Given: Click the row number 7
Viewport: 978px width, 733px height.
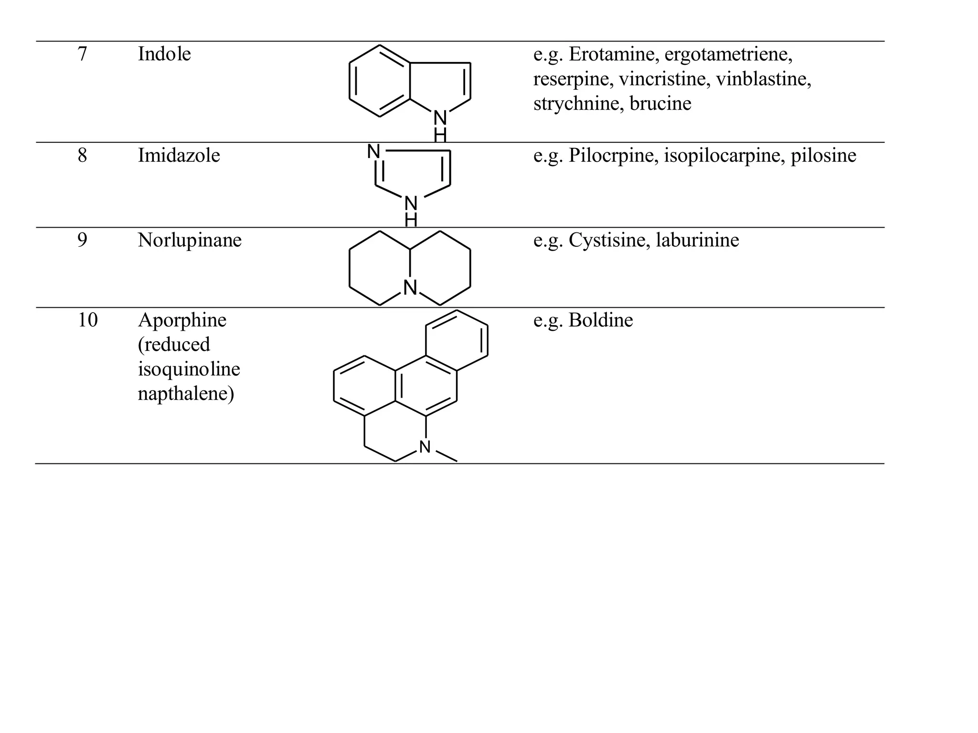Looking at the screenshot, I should click(82, 54).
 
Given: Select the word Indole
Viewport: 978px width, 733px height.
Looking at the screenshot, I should click(164, 54).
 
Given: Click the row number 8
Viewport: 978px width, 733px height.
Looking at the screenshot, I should click(82, 156).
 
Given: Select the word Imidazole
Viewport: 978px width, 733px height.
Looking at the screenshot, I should click(179, 156).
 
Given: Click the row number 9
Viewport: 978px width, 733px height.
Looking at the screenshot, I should click(82, 240).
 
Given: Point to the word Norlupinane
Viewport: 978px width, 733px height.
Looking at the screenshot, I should click(190, 240).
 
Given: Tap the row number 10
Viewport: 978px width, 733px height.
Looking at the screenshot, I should click(87, 320).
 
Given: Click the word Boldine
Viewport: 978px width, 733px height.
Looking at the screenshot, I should click(601, 320).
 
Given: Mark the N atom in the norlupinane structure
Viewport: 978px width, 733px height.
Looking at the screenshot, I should click(410, 288).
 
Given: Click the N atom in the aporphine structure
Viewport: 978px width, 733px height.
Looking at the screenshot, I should click(425, 447).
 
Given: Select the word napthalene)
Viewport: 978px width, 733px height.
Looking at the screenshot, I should click(186, 394).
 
